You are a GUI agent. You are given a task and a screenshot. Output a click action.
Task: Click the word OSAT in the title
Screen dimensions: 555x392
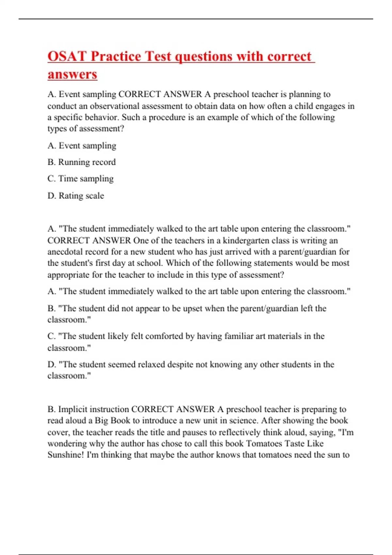[x=67, y=56]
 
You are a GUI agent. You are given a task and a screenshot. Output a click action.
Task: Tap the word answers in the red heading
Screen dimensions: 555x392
[x=72, y=74]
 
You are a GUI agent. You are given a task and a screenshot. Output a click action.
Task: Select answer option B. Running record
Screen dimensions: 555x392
[x=82, y=162]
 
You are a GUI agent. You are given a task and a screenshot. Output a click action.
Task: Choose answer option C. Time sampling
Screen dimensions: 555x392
[x=81, y=179]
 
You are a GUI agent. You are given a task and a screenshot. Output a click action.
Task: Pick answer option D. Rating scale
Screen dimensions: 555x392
[x=76, y=196]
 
